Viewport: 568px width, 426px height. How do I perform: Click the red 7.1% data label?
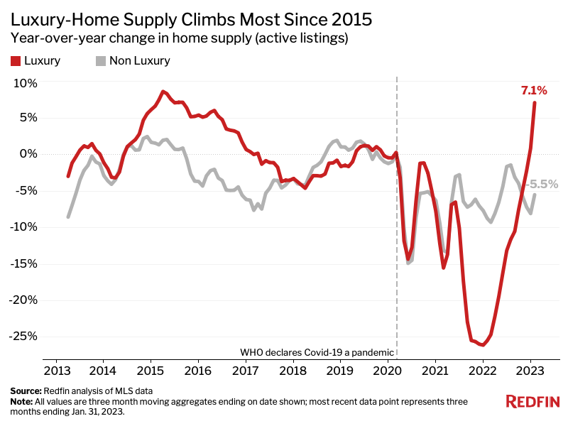(534, 90)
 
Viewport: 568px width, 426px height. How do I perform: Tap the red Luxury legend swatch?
(16, 61)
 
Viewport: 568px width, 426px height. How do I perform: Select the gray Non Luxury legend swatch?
(101, 61)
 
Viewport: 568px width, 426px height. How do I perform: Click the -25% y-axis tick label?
(23, 336)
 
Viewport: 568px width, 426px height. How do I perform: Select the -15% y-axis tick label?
(23, 263)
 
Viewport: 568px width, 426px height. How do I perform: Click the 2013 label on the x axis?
(55, 370)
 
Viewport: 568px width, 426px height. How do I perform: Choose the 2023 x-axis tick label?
(530, 370)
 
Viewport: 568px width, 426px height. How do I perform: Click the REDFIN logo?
(532, 402)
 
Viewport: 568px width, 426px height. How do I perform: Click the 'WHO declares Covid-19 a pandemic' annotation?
(316, 352)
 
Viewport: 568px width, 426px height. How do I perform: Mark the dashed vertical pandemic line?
(396, 284)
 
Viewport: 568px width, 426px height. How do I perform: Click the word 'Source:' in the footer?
(26, 391)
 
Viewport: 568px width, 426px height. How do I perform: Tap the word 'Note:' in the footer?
(21, 401)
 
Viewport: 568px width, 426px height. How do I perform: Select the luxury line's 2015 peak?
(163, 92)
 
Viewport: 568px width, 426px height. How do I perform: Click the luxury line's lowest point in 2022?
(483, 345)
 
